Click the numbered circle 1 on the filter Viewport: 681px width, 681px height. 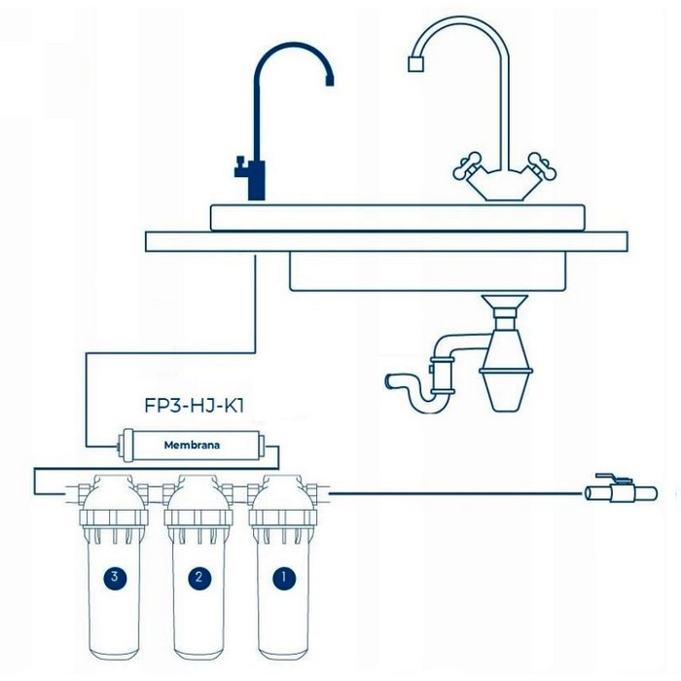[284, 578]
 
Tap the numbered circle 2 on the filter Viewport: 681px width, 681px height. [199, 578]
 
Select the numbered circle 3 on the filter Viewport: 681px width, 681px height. [115, 578]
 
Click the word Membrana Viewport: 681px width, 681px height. [192, 446]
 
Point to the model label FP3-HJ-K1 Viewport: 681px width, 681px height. [195, 406]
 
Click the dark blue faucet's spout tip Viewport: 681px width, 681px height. [330, 81]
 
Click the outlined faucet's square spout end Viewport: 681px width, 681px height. [416, 64]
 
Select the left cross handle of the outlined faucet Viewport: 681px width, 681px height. [467, 165]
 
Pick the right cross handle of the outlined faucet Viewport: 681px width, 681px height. [543, 165]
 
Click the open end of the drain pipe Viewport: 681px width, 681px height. [389, 381]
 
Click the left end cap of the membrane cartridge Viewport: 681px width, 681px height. [126, 446]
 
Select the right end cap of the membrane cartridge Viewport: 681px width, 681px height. [260, 446]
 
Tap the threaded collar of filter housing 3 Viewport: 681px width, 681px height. [114, 520]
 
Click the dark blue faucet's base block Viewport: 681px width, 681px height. [256, 180]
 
